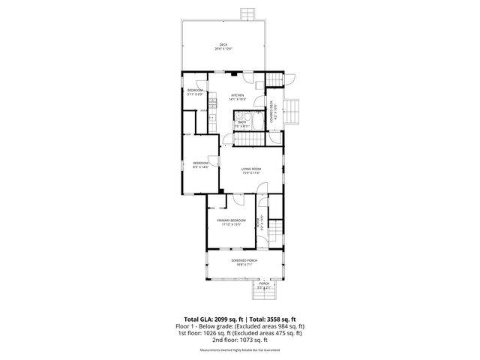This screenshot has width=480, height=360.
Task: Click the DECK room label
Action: tap(223, 46)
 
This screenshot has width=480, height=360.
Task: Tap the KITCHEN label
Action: tap(238, 97)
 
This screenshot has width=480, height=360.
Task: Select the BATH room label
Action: tap(242, 124)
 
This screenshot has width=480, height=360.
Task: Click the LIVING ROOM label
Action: tap(250, 170)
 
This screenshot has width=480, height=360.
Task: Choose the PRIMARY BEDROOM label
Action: tap(232, 221)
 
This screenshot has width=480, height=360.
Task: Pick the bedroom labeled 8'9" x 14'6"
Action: tap(201, 165)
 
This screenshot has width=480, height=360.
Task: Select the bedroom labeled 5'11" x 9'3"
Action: tap(195, 92)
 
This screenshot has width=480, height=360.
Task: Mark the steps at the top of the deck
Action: tap(247, 14)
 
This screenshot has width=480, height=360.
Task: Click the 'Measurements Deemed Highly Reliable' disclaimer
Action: tap(240, 349)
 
